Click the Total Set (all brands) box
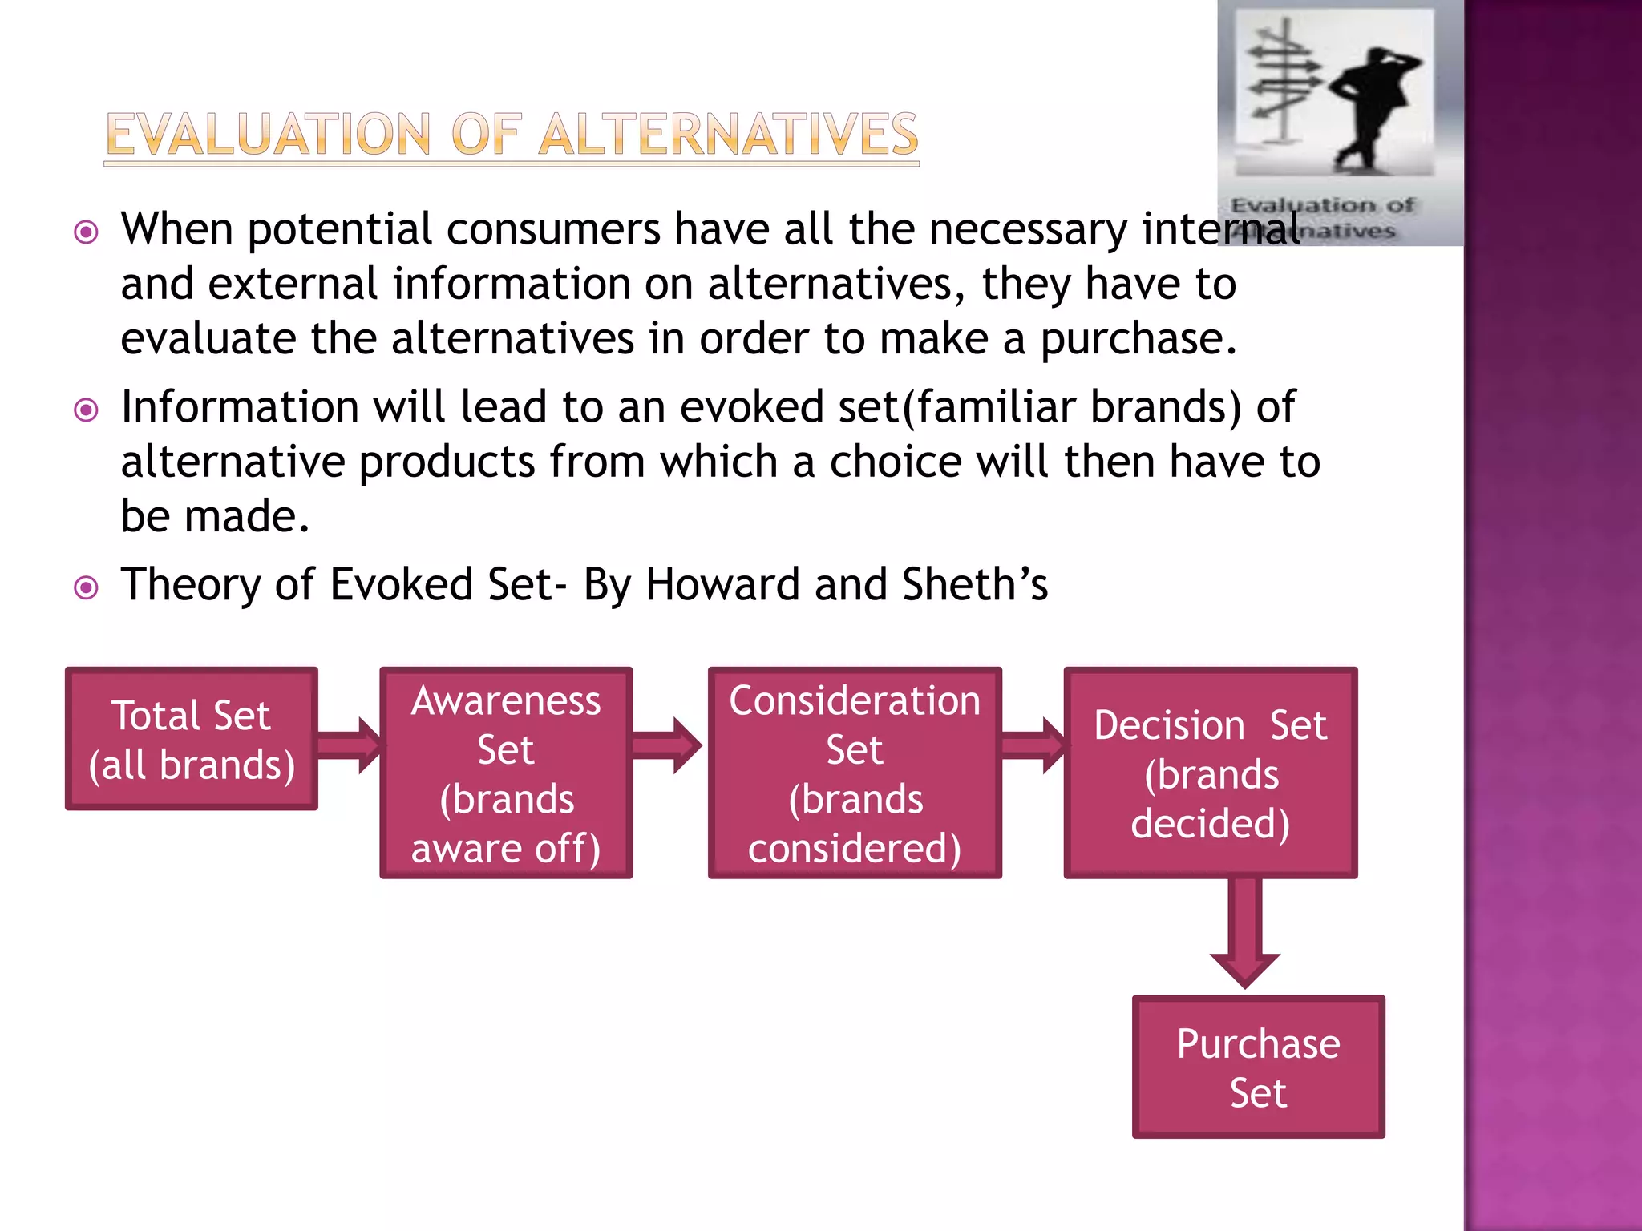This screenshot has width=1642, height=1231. pos(192,739)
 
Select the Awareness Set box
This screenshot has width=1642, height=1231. pos(506,773)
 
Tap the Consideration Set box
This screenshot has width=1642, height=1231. pos(855,773)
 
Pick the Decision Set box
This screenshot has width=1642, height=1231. pos(1210,773)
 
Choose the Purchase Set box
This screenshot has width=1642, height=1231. pos(1258,1067)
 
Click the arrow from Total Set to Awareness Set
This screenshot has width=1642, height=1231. pos(350,745)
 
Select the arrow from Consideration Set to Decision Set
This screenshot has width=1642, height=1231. pos(1033,745)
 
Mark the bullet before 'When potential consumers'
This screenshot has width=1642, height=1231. pos(86,233)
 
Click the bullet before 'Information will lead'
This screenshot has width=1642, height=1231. pos(86,411)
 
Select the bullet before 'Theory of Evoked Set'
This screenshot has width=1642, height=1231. pos(86,588)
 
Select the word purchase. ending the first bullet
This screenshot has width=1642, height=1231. pos(1138,339)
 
